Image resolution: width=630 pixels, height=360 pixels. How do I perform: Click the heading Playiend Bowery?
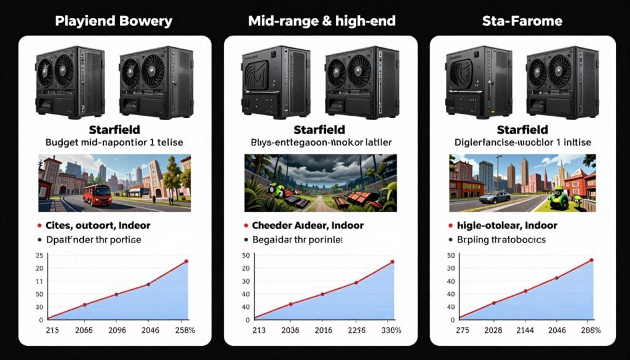point(114,21)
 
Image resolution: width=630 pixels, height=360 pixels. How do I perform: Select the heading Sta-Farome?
point(522,21)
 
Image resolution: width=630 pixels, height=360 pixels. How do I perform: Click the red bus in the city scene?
point(97,195)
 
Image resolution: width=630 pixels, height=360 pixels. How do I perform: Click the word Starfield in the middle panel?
point(320,130)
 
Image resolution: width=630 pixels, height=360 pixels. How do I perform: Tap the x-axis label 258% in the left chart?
point(185,330)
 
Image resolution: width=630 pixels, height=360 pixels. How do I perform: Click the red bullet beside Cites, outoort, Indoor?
point(40,226)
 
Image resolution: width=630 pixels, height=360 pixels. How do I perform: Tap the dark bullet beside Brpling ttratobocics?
point(451,239)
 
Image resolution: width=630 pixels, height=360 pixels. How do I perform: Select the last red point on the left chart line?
point(186,262)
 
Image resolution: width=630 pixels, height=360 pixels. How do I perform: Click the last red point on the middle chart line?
point(393,262)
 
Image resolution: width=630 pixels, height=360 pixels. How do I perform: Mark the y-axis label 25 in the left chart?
point(40,255)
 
